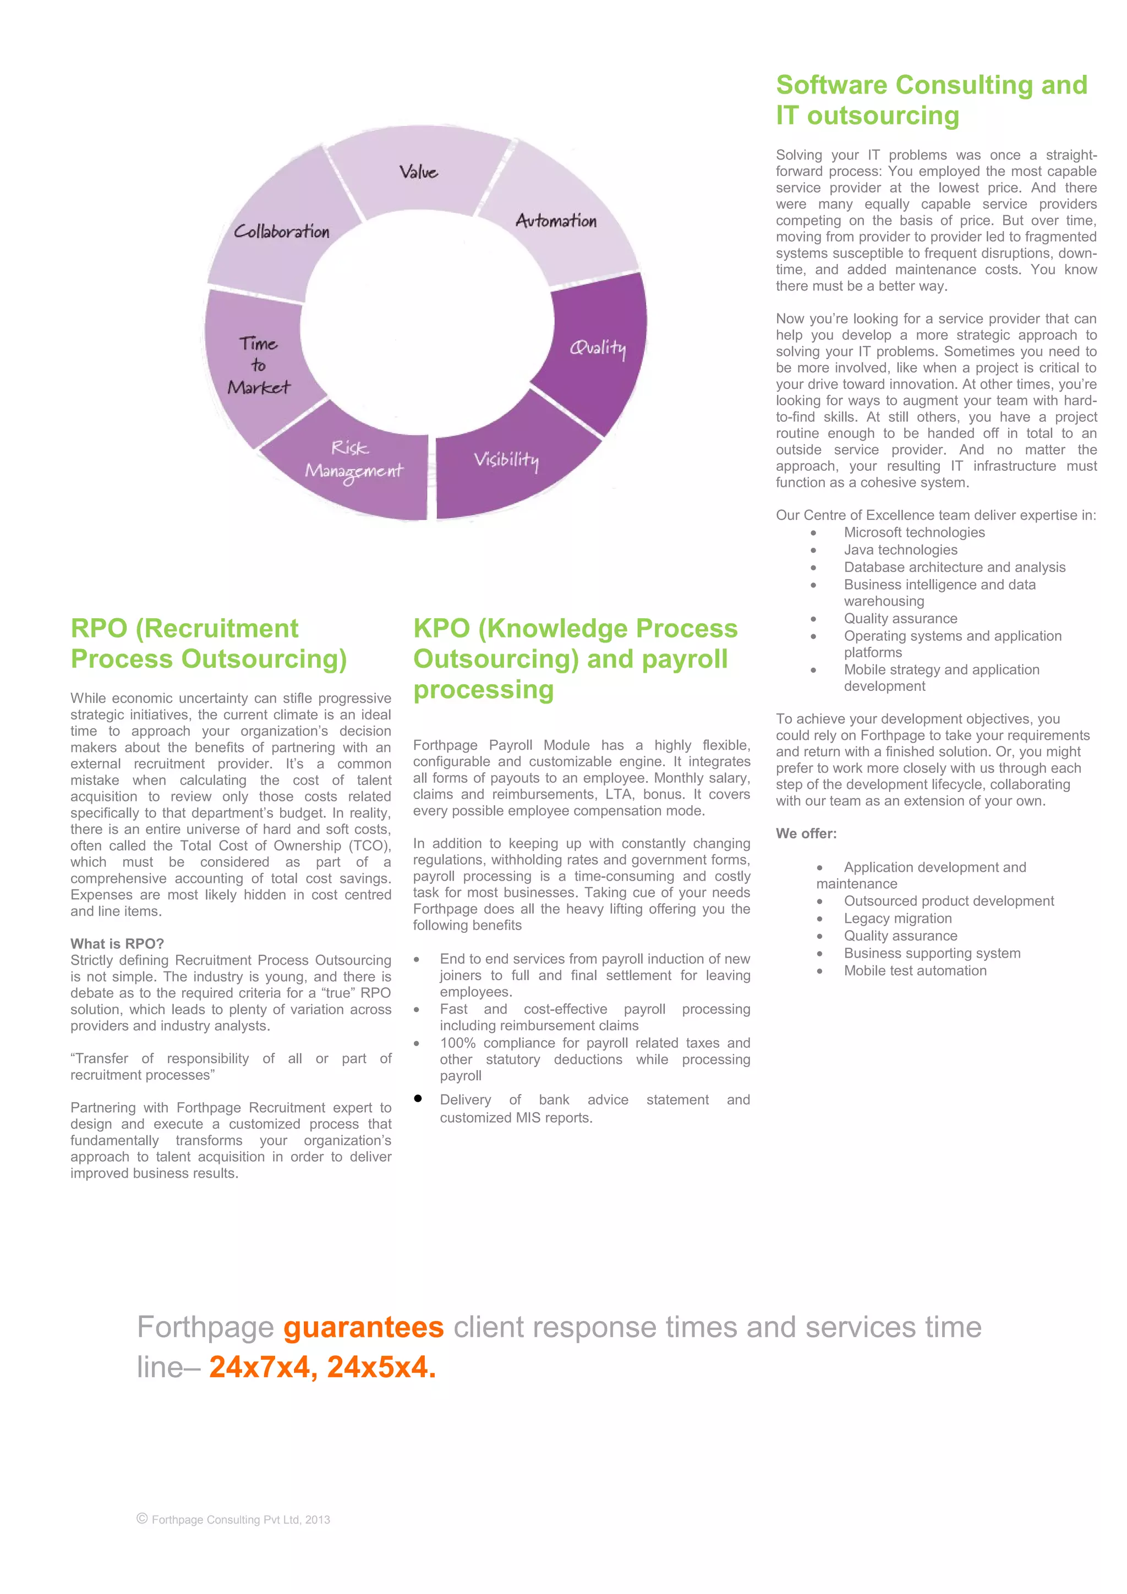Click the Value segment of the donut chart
(x=419, y=172)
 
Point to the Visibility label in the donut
(x=506, y=460)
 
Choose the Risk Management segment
(x=353, y=460)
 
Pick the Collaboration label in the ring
(x=281, y=232)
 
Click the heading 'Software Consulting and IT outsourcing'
(x=931, y=100)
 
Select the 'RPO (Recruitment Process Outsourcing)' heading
(x=209, y=644)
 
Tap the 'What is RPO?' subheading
(x=117, y=943)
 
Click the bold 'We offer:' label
(x=806, y=834)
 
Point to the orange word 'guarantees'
(x=363, y=1327)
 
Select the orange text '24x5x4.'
(x=381, y=1366)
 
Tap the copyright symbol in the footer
(x=143, y=1518)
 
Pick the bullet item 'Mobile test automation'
(x=915, y=971)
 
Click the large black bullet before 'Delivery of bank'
(x=418, y=1098)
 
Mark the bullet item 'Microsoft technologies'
(x=914, y=532)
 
